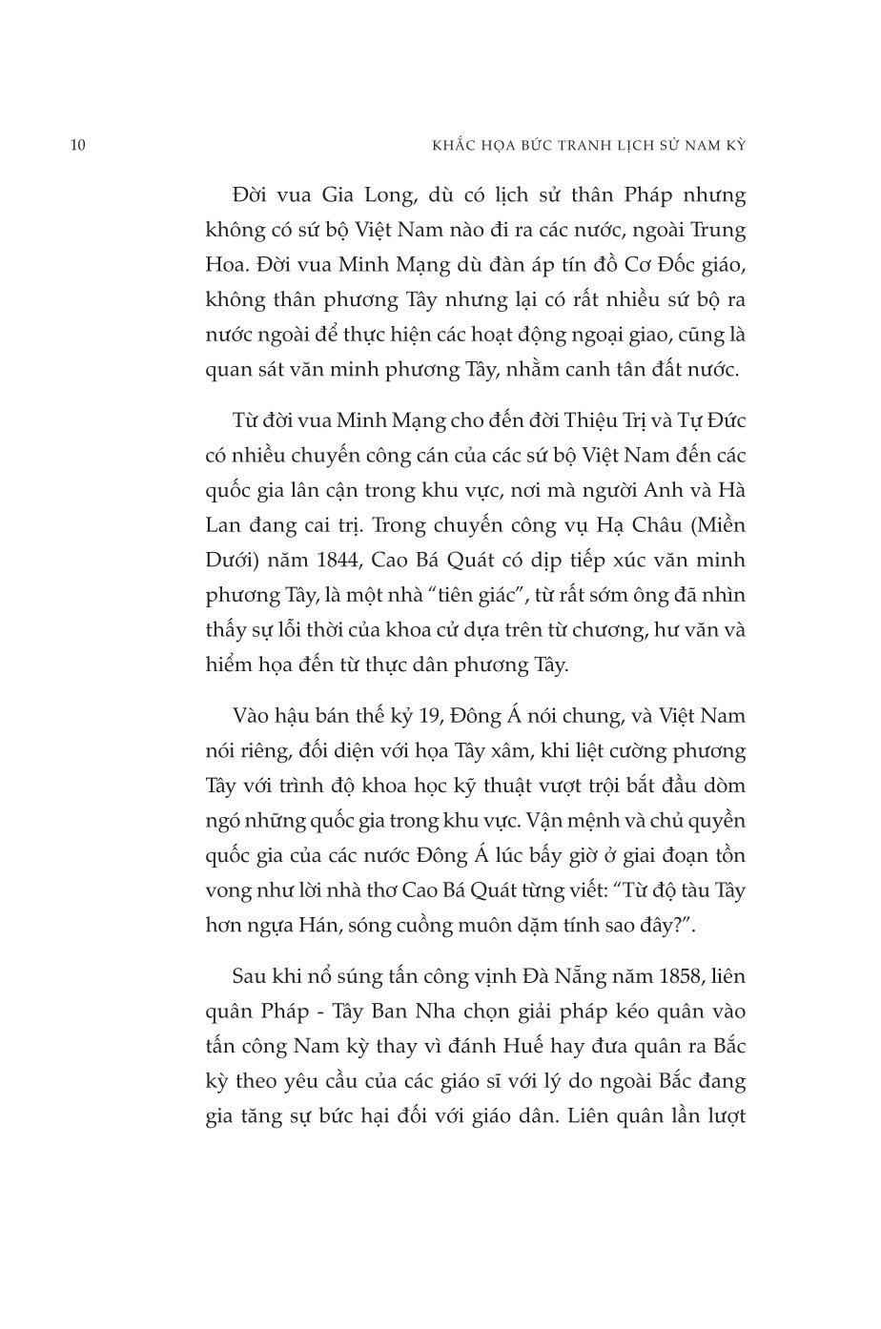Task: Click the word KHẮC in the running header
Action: [427, 145]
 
